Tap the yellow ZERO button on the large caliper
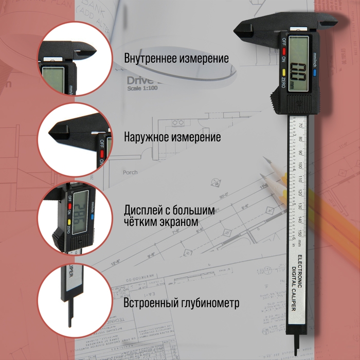point(283,73)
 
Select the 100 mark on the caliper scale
point(300,165)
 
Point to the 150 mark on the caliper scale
point(300,234)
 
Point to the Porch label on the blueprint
point(130,172)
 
